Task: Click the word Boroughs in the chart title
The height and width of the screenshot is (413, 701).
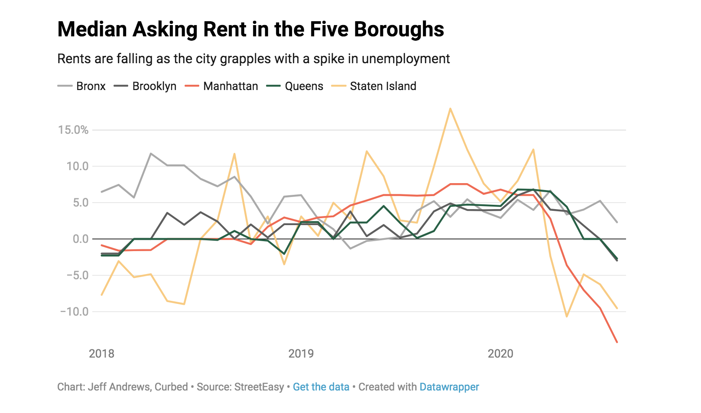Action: (399, 29)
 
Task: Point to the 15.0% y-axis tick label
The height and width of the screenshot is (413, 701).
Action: (73, 130)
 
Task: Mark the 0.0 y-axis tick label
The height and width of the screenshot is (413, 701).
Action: (80, 239)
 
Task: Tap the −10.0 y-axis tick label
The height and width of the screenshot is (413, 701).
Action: (74, 312)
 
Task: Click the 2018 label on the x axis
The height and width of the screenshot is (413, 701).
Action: (101, 354)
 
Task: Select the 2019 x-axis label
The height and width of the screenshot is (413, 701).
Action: (301, 354)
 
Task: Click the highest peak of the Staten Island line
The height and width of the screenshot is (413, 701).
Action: (450, 109)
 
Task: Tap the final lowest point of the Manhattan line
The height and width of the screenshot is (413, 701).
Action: (617, 342)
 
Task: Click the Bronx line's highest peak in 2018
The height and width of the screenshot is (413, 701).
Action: (150, 153)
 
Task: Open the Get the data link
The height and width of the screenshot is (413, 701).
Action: (321, 387)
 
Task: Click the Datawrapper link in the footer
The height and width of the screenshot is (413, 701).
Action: (449, 387)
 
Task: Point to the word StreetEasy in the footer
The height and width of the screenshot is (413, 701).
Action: (259, 387)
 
